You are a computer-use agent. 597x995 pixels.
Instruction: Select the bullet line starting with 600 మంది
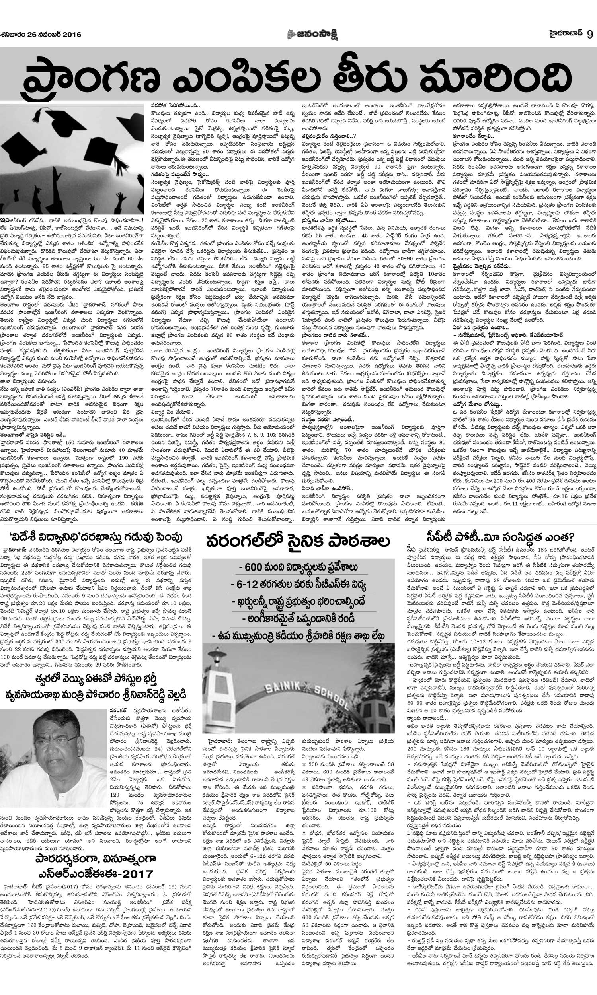(298, 567)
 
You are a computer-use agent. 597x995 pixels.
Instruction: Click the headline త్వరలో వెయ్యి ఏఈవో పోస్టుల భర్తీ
(99, 657)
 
